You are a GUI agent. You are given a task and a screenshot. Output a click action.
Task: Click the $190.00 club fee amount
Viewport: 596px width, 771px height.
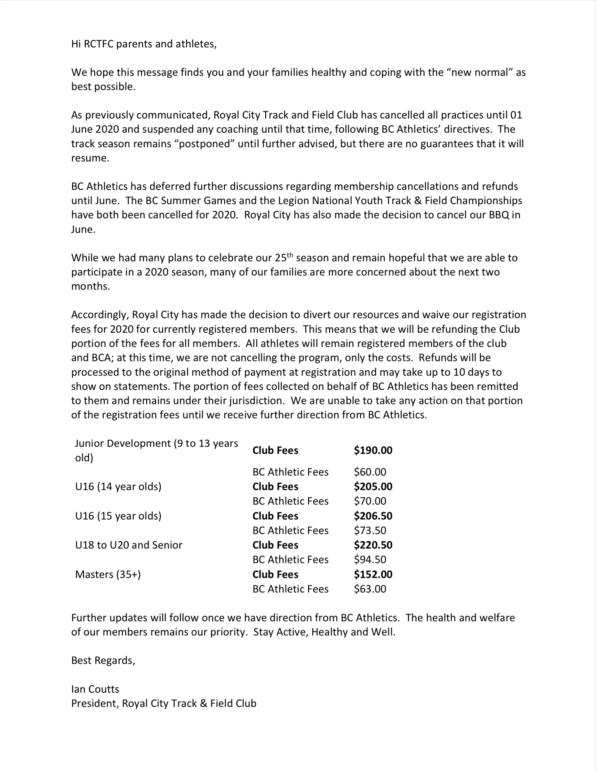[373, 450]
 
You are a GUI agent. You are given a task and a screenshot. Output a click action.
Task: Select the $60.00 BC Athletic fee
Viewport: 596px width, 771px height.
[370, 472]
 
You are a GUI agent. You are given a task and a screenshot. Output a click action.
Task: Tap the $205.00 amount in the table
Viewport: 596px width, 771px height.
[373, 486]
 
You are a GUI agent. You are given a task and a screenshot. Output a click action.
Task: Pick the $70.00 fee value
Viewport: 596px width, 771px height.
[370, 501]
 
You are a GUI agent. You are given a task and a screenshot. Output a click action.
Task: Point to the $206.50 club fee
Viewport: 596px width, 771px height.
[373, 516]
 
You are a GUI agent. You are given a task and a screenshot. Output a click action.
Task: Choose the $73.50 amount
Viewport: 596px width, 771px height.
[370, 530]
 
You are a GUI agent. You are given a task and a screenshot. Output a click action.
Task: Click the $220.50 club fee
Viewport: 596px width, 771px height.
[373, 545]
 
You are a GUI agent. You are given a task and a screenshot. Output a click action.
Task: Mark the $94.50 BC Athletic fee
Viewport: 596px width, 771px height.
[370, 559]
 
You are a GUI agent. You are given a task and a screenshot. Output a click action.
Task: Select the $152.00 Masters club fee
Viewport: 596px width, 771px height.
[373, 574]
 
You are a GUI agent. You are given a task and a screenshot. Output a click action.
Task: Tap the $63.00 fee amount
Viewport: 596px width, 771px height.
[370, 589]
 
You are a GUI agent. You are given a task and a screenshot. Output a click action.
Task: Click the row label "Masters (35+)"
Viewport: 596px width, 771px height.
[108, 574]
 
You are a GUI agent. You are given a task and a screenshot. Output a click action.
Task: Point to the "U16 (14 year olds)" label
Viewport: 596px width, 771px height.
[118, 486]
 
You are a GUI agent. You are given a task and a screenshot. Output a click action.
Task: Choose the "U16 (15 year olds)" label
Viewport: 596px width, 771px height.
[118, 516]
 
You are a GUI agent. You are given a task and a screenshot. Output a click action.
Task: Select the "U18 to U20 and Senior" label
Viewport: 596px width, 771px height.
[129, 545]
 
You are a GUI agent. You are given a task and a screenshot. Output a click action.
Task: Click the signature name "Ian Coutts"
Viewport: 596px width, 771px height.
[95, 689]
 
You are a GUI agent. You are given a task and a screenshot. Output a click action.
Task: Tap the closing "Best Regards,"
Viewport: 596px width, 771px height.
[103, 660]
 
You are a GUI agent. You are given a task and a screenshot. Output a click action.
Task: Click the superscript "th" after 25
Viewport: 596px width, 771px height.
[290, 255]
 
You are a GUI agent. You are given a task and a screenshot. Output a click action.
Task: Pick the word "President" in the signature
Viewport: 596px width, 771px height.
[95, 703]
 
